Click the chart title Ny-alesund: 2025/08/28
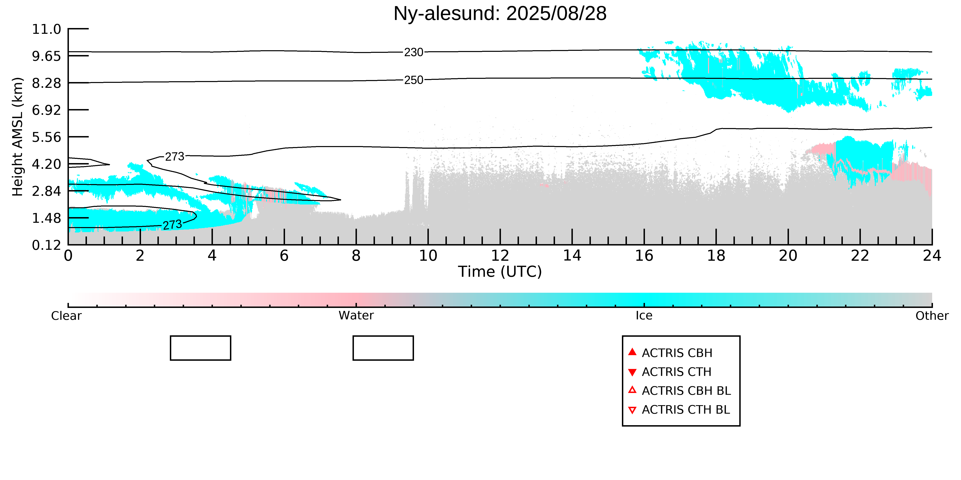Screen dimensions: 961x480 pyautogui.click(x=500, y=14)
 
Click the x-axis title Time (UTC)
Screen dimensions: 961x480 pyautogui.click(x=500, y=272)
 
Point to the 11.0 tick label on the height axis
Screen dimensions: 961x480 pyautogui.click(x=47, y=29)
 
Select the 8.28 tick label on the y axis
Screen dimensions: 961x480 pyautogui.click(x=47, y=83)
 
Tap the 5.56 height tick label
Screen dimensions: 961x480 pyautogui.click(x=47, y=137)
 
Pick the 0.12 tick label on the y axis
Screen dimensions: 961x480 pyautogui.click(x=47, y=245)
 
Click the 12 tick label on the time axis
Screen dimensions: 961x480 pyautogui.click(x=500, y=256)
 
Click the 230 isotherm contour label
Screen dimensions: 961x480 pyautogui.click(x=414, y=52)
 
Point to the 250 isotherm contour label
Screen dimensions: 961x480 pyautogui.click(x=414, y=80)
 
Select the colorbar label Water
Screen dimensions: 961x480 pyautogui.click(x=356, y=316)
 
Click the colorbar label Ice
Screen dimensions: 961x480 pyautogui.click(x=644, y=316)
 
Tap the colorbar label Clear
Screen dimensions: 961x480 pyautogui.click(x=66, y=316)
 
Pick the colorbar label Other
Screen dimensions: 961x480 pyautogui.click(x=932, y=316)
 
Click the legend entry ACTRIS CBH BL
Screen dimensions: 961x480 pyautogui.click(x=686, y=391)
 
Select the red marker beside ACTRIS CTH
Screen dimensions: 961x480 pyautogui.click(x=632, y=372)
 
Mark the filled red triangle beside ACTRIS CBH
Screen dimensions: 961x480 pyautogui.click(x=632, y=352)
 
